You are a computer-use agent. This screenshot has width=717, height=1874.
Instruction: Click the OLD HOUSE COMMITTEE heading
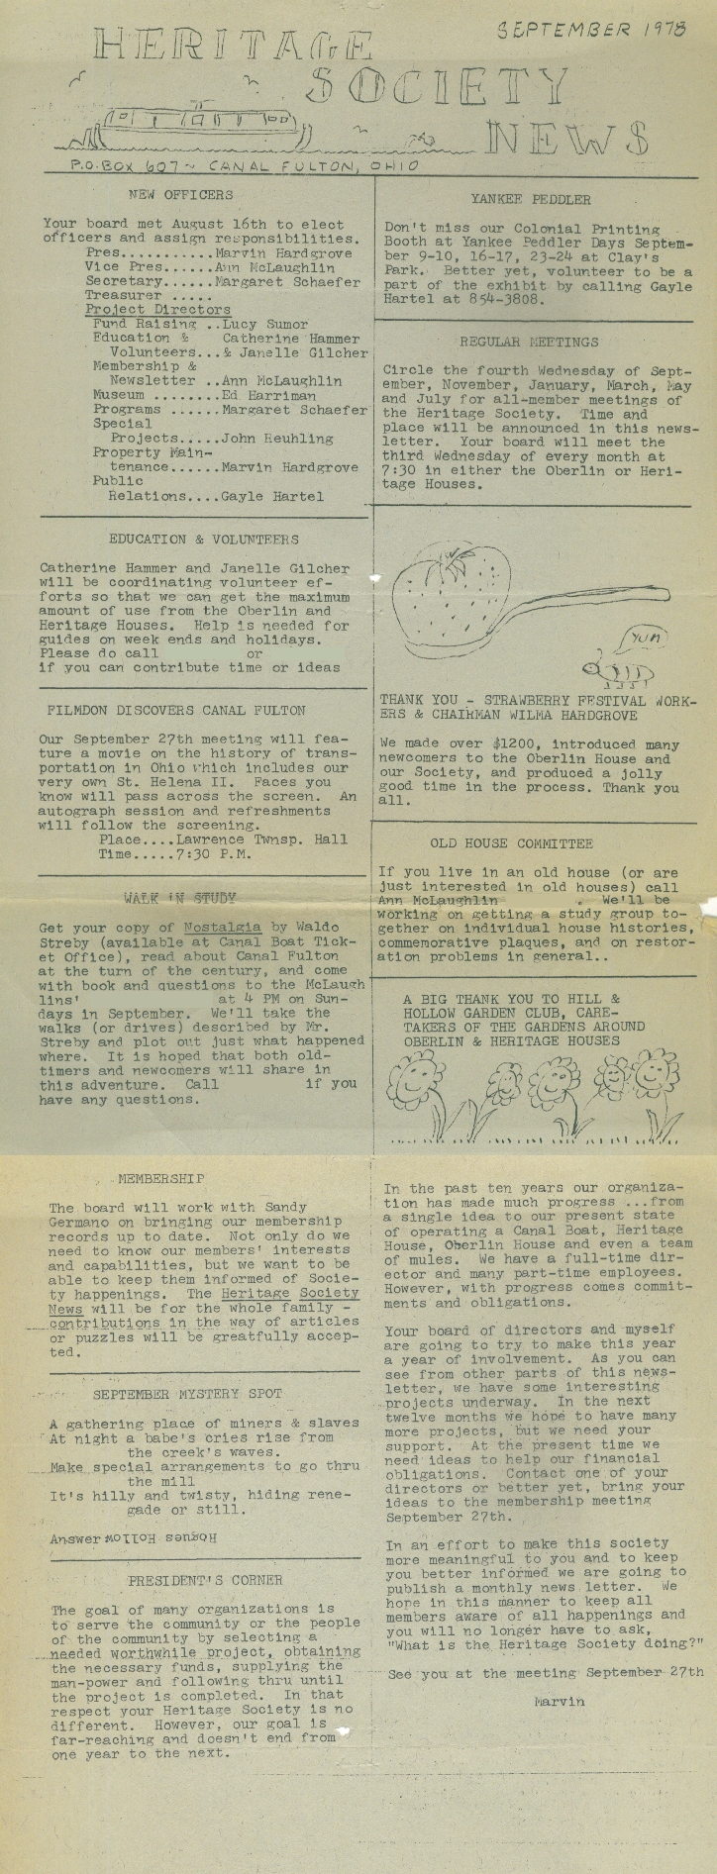pos(511,844)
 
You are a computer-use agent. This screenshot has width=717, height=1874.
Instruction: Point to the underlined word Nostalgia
pos(223,928)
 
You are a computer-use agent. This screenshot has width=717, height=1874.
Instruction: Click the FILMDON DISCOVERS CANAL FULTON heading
pos(176,711)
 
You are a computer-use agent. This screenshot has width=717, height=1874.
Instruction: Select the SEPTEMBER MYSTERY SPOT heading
pos(188,1394)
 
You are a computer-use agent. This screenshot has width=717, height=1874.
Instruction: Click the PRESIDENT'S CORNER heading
pos(205,1580)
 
